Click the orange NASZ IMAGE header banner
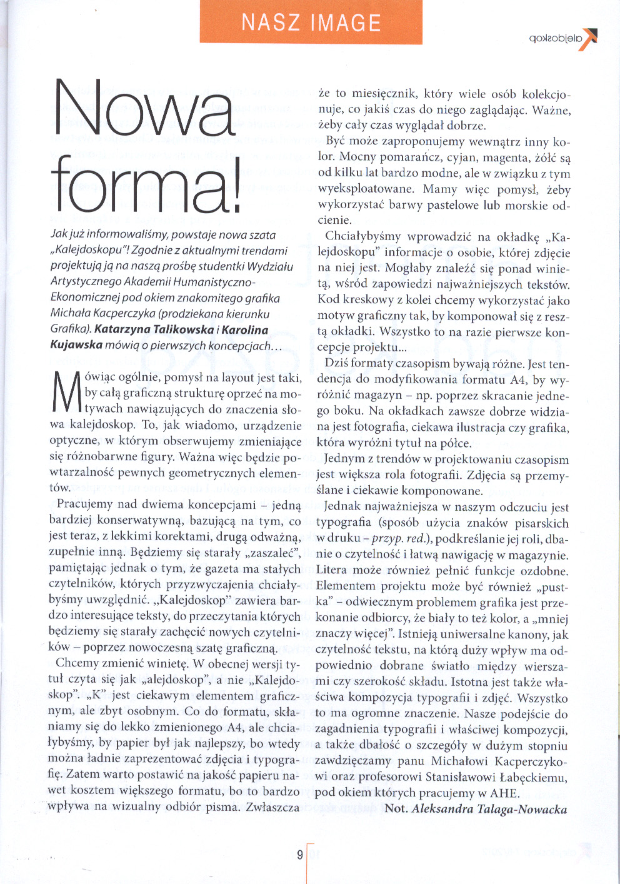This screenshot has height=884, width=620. click(311, 23)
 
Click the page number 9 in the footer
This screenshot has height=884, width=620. click(300, 855)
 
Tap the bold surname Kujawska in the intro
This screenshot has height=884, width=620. click(76, 345)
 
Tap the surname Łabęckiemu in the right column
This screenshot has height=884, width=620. click(535, 778)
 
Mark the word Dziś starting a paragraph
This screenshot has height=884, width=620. click(336, 363)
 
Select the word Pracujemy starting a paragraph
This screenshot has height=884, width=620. click(86, 505)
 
